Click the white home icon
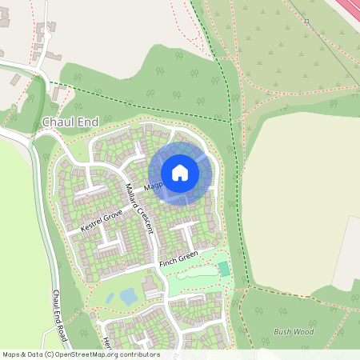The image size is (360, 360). coord(180,172)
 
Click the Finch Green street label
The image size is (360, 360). coord(178,261)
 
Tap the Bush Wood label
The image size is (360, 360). coord(294,331)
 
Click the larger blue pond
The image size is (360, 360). coord(128,297)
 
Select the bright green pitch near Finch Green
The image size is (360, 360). coord(224,269)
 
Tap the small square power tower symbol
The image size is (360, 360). coord(306,21)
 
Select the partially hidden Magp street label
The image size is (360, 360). coord(153,186)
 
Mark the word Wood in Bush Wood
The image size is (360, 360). coord(303,331)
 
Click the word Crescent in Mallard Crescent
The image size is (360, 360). coord(145,221)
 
